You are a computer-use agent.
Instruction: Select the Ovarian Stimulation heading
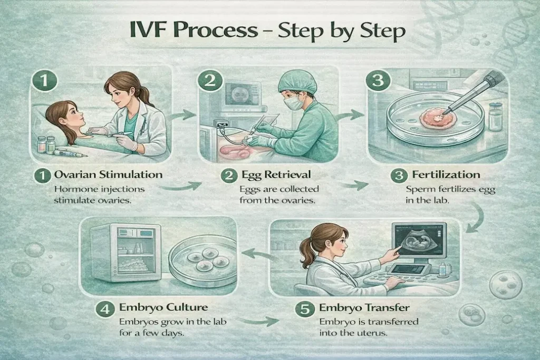click(108, 174)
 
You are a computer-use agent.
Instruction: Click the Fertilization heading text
click(447, 174)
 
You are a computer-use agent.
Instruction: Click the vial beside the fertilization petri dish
click(495, 116)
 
